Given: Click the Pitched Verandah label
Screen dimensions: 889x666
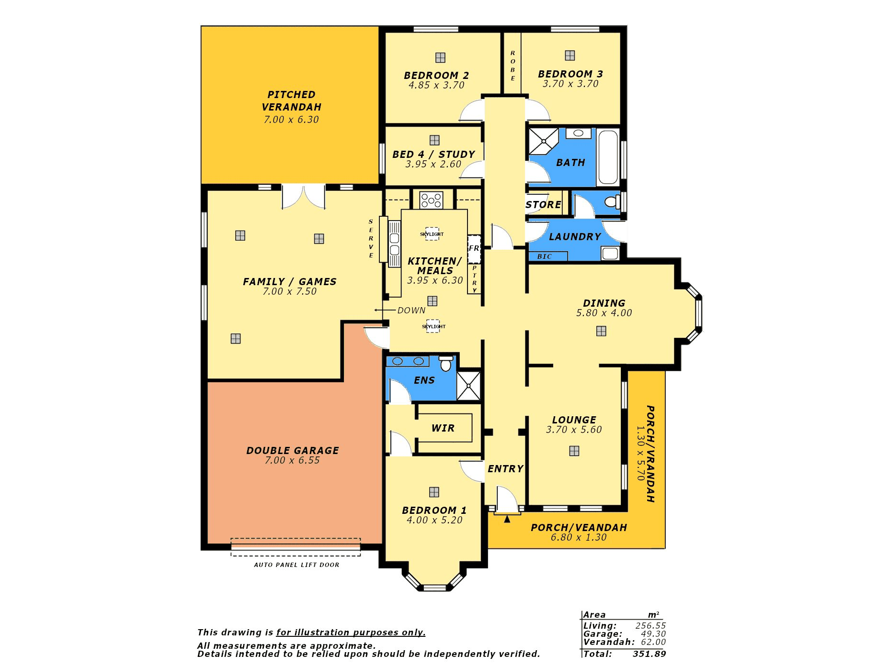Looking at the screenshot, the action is pyautogui.click(x=291, y=101).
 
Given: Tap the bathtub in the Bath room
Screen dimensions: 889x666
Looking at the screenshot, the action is pyautogui.click(x=608, y=157).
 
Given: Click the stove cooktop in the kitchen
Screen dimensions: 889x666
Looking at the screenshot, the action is pyautogui.click(x=431, y=200).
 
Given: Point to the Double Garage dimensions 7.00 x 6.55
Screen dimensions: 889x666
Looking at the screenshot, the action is pyautogui.click(x=292, y=460).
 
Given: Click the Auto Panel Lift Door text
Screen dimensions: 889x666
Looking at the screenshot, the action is pyautogui.click(x=296, y=565).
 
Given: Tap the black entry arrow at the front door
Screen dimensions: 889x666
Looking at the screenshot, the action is pyautogui.click(x=507, y=518).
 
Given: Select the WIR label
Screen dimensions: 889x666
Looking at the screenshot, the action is pyautogui.click(x=443, y=428).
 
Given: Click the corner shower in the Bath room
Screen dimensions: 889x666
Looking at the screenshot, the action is pyautogui.click(x=543, y=141).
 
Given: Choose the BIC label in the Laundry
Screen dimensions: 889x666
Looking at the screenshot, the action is pyautogui.click(x=545, y=256).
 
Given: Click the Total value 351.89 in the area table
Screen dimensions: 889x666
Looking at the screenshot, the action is pyautogui.click(x=649, y=654).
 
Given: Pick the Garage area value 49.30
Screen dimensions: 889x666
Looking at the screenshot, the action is pyautogui.click(x=653, y=634).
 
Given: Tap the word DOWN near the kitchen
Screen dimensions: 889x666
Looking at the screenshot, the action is pyautogui.click(x=411, y=311).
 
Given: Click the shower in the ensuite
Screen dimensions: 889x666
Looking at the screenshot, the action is pyautogui.click(x=468, y=385).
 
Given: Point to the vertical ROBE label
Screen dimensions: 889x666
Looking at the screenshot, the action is pyautogui.click(x=513, y=66).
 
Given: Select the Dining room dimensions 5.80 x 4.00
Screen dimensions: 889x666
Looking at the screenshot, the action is pyautogui.click(x=604, y=313).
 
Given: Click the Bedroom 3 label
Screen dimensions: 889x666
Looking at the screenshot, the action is pyautogui.click(x=570, y=74).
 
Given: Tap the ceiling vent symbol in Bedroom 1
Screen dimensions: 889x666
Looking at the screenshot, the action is pyautogui.click(x=434, y=492).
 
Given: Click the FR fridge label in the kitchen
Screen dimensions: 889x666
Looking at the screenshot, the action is pyautogui.click(x=474, y=248).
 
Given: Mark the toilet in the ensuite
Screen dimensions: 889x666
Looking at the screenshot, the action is pyautogui.click(x=446, y=364).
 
